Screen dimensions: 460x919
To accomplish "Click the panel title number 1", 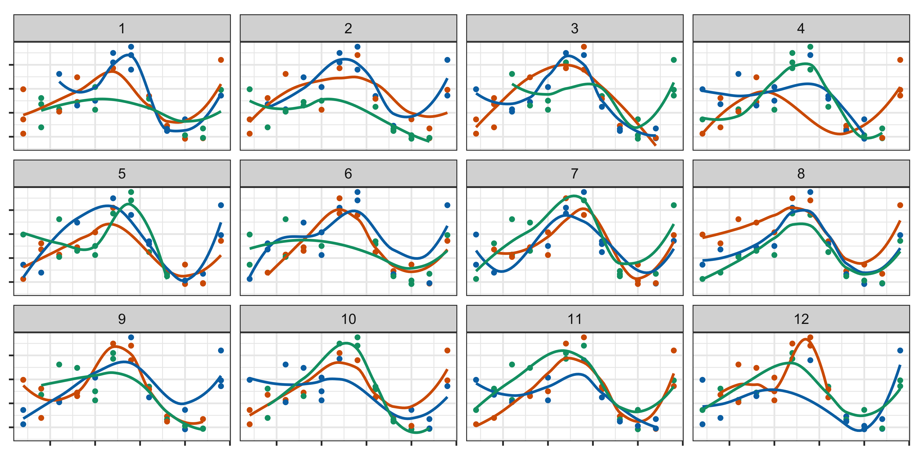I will click(122, 29).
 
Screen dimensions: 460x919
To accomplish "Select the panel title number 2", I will click(348, 29).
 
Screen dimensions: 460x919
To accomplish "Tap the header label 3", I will click(574, 29).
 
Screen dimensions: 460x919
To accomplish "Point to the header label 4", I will click(801, 29).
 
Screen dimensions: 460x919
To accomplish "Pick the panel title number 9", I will click(122, 319).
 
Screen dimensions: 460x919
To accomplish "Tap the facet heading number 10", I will click(348, 319).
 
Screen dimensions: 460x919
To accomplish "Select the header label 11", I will click(574, 319).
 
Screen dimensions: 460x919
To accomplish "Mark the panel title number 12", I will click(801, 319).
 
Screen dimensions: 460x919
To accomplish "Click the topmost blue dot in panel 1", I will click(131, 47).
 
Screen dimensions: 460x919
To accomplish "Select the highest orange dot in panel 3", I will click(584, 47).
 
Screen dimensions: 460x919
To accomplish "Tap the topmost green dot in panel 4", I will click(810, 47).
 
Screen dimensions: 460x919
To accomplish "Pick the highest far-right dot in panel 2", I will click(447, 60).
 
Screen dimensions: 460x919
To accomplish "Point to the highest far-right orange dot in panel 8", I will click(900, 205).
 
